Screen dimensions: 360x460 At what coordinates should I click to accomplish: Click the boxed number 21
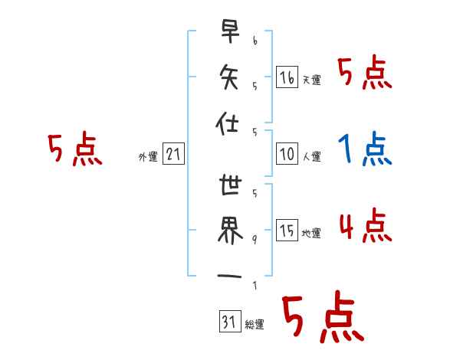pos(173,155)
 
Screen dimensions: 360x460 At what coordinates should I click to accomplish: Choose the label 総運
pos(255,325)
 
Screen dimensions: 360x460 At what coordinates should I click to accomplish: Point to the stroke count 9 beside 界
pos(254,240)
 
